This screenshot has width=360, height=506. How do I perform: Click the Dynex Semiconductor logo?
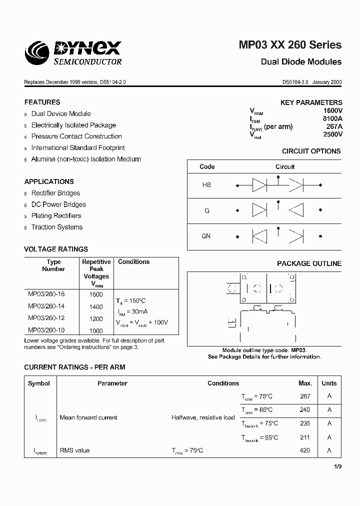coord(73,52)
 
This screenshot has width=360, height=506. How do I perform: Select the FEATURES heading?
coord(42,102)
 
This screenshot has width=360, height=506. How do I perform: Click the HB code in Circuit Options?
coord(206,185)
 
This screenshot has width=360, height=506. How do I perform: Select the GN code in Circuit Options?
coord(206,236)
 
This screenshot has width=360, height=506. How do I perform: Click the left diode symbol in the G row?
coord(259,210)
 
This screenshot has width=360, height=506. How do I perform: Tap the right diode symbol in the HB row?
coord(296,185)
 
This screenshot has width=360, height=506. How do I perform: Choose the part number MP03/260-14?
coord(46,306)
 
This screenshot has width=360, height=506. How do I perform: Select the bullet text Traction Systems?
coord(57,227)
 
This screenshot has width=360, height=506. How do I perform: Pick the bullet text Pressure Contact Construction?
coord(76,136)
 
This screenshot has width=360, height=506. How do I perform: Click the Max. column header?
coord(305,383)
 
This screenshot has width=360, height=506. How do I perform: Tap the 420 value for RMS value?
coord(304,450)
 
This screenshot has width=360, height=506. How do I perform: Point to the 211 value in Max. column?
coord(304,437)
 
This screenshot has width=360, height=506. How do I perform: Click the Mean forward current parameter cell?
coord(88,417)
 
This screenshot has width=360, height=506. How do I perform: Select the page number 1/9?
coord(337,467)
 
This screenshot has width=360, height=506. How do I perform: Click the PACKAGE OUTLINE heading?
coord(309,263)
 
